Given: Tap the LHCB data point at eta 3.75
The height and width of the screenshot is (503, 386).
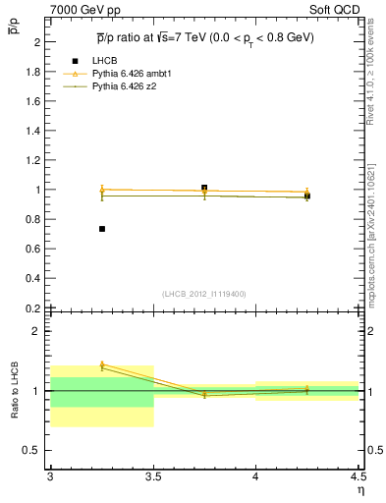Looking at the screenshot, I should click(204, 188).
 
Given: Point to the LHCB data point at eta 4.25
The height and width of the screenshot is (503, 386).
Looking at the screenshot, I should click(307, 196).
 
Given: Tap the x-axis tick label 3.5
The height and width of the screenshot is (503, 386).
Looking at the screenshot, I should click(152, 475).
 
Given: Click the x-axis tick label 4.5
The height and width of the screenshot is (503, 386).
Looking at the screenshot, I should click(358, 475).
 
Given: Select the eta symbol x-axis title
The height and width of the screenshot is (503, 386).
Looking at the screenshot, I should click(360, 488).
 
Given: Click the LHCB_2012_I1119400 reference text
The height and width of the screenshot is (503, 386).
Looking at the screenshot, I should click(203, 293).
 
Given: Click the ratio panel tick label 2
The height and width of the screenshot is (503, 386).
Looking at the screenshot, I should click(35, 331).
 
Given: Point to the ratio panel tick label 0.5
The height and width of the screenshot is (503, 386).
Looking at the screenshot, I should click(31, 450).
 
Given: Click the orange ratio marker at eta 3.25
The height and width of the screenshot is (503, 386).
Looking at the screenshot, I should click(101, 364).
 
